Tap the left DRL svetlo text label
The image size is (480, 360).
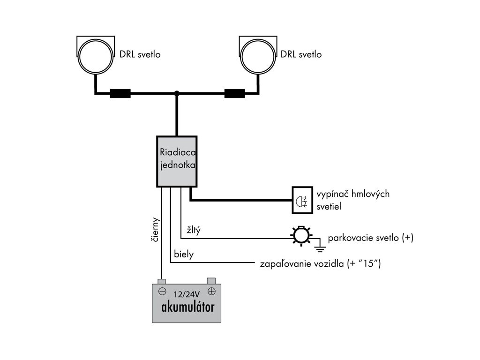tap(140, 54)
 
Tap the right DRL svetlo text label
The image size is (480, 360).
tap(301, 54)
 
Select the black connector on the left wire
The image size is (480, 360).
tap(120, 94)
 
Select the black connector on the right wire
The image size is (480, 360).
tap(235, 94)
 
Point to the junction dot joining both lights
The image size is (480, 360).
tap(177, 93)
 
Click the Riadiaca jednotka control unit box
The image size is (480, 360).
tap(176, 161)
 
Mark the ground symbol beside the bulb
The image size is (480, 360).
tap(320, 244)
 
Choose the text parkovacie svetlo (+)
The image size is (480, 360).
tap(370, 238)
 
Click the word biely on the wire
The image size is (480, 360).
tap(184, 255)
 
